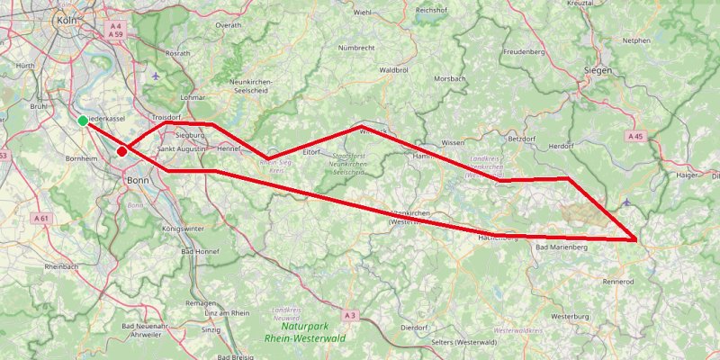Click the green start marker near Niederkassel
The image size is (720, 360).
click(83, 121)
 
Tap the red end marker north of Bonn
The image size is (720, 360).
click(121, 152)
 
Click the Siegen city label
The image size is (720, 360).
click(598, 69)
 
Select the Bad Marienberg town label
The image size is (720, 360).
click(561, 247)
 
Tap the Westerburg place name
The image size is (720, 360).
click(569, 317)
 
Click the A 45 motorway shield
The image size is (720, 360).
click(636, 136)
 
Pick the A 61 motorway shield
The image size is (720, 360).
click(40, 218)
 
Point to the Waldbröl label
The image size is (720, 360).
click(395, 69)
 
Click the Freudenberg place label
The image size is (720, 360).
click(525, 52)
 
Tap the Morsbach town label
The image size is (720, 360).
click(450, 78)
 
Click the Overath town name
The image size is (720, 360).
click(229, 25)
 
